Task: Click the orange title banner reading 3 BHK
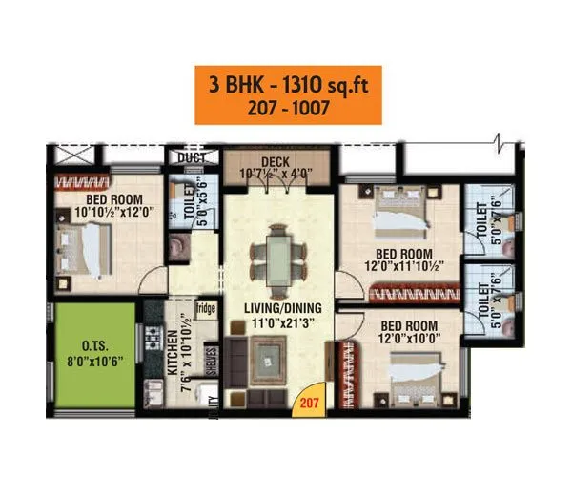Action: pyautogui.click(x=288, y=93)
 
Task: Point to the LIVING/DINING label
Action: pyautogui.click(x=281, y=308)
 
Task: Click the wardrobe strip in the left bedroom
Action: pyautogui.click(x=94, y=181)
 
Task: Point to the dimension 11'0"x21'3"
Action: pyautogui.click(x=281, y=322)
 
